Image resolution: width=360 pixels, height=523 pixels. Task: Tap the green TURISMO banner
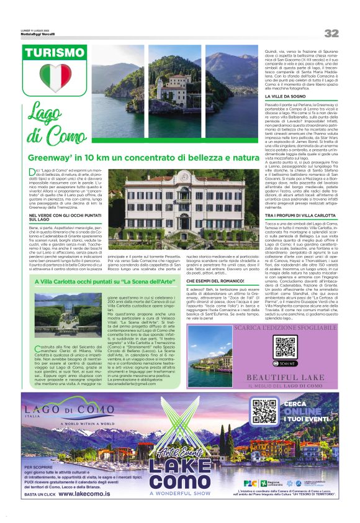pyautogui.click(x=52, y=54)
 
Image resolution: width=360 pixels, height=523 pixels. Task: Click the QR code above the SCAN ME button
pyautogui.click(x=284, y=346)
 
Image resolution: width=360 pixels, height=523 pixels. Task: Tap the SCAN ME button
pyautogui.click(x=285, y=363)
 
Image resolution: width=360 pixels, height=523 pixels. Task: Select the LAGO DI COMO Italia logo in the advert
pyautogui.click(x=70, y=412)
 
